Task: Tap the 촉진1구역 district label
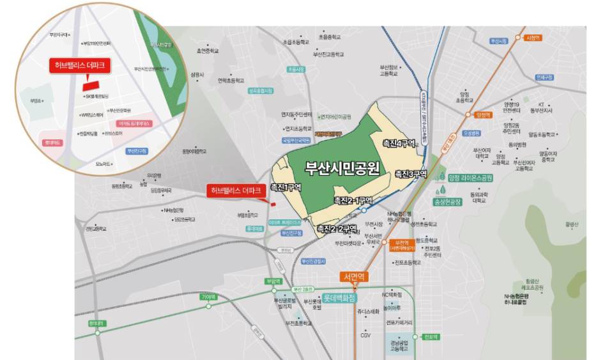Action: click(286, 187)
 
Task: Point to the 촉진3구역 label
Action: click(410, 174)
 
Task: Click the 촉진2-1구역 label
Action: click(353, 200)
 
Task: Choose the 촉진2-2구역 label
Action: click(337, 228)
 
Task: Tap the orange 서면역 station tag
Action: click(353, 278)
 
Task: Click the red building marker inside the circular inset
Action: click(92, 83)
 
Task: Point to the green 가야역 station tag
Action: click(209, 297)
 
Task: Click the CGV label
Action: click(365, 335)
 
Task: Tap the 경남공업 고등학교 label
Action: click(399, 346)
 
